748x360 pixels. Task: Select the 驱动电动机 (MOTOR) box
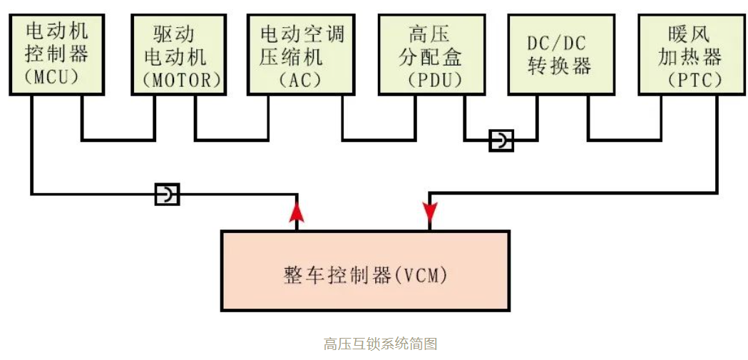click(x=177, y=54)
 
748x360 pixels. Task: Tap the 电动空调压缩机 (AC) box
click(x=301, y=54)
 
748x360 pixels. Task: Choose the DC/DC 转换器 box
click(x=560, y=54)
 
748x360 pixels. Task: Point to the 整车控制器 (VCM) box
click(x=365, y=271)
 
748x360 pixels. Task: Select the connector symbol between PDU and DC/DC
click(x=501, y=140)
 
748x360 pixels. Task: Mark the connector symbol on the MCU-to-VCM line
click(x=168, y=193)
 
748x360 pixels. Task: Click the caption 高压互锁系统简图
click(x=380, y=344)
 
